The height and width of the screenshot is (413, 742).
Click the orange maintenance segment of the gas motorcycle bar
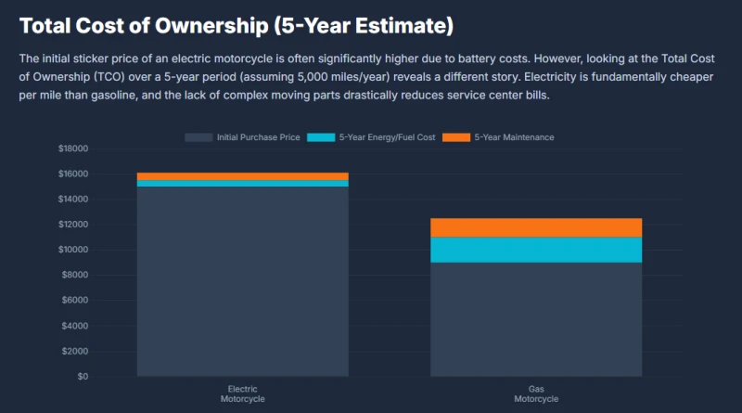click(536, 227)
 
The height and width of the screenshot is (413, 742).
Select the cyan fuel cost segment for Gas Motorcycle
click(536, 250)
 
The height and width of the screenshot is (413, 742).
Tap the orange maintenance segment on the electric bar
click(243, 176)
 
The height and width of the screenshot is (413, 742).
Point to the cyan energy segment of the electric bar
click(243, 184)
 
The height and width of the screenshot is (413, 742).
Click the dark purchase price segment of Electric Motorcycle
click(243, 282)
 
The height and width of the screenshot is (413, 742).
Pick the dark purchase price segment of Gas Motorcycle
click(536, 319)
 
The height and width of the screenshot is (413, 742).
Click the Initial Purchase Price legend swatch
click(198, 137)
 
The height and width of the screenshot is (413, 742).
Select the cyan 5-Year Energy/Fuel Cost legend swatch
click(321, 137)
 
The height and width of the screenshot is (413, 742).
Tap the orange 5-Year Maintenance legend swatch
click(456, 137)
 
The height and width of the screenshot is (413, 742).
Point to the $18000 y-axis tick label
click(73, 148)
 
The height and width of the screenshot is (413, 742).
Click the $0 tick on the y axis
click(83, 377)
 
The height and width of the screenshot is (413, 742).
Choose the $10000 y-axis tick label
click(73, 250)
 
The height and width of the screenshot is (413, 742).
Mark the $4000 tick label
click(75, 326)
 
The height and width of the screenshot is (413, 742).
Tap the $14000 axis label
click(73, 199)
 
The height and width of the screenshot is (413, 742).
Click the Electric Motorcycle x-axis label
click(243, 394)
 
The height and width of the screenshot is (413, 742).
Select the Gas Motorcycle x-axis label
click(536, 394)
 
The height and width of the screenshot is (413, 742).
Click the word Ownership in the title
click(211, 26)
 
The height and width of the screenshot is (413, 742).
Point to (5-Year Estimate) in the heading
click(364, 26)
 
